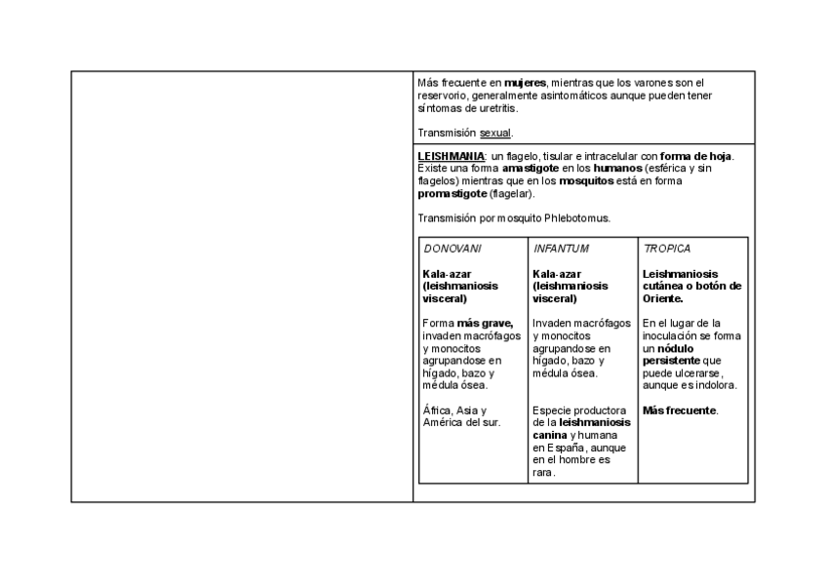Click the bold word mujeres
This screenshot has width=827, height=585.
[x=526, y=83]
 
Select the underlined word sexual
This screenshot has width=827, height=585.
[x=495, y=133]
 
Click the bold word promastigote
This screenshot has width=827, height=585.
[x=452, y=194]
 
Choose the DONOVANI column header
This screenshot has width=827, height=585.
[x=453, y=249]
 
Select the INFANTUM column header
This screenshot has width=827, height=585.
[x=562, y=249]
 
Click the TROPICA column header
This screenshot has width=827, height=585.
[x=667, y=249]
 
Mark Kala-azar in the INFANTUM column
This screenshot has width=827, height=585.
[x=558, y=274]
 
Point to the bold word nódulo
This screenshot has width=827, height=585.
[x=678, y=348]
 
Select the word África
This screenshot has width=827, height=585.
[x=439, y=410]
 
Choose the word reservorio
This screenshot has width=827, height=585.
[x=442, y=96]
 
